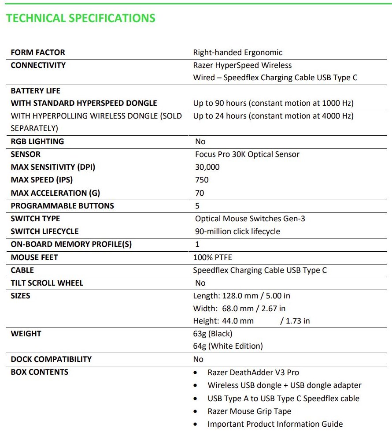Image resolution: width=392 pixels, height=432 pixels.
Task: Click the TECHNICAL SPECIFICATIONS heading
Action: point(81,18)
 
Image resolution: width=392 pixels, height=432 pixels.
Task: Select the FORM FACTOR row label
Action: point(38,52)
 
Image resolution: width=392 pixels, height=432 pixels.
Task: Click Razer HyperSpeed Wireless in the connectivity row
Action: point(242,65)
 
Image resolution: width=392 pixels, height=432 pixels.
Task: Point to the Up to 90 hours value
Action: point(273,103)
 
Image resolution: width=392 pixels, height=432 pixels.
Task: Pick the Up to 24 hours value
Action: point(273,116)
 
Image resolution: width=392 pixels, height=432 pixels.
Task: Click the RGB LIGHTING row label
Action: point(37,142)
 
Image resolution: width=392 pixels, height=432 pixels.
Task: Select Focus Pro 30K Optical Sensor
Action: point(247,154)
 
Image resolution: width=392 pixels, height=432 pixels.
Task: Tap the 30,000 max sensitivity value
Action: point(207,167)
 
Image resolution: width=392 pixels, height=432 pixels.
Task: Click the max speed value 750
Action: point(202,180)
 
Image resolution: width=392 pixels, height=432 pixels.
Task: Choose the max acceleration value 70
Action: point(200,193)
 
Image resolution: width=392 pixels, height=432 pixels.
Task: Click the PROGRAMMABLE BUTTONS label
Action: point(62,206)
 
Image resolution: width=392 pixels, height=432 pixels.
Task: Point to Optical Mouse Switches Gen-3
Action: point(251,219)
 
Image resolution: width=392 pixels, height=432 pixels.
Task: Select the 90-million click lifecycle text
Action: point(237,231)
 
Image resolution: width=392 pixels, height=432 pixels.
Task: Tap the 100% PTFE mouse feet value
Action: point(212,257)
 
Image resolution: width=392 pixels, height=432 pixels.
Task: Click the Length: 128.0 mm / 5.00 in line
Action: point(241,296)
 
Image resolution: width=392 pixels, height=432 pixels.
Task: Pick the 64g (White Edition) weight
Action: point(228,346)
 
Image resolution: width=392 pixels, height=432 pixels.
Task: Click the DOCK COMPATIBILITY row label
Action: point(51,359)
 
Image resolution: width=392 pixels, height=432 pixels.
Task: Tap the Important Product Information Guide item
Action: point(275,424)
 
